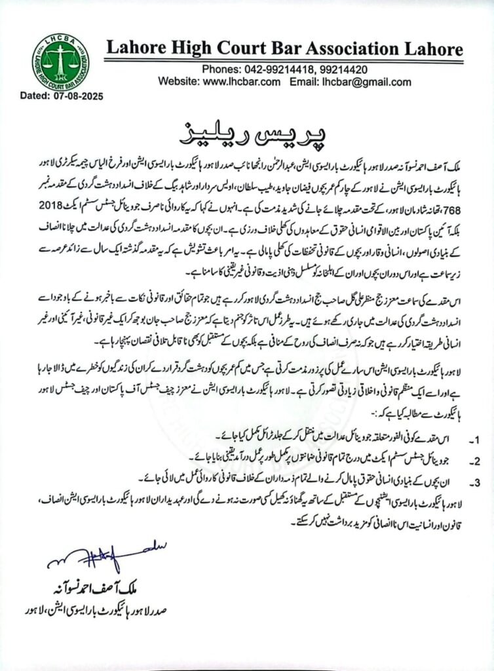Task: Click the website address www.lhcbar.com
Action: (241, 82)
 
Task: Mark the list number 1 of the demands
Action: (462, 435)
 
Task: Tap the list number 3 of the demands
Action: (462, 483)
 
